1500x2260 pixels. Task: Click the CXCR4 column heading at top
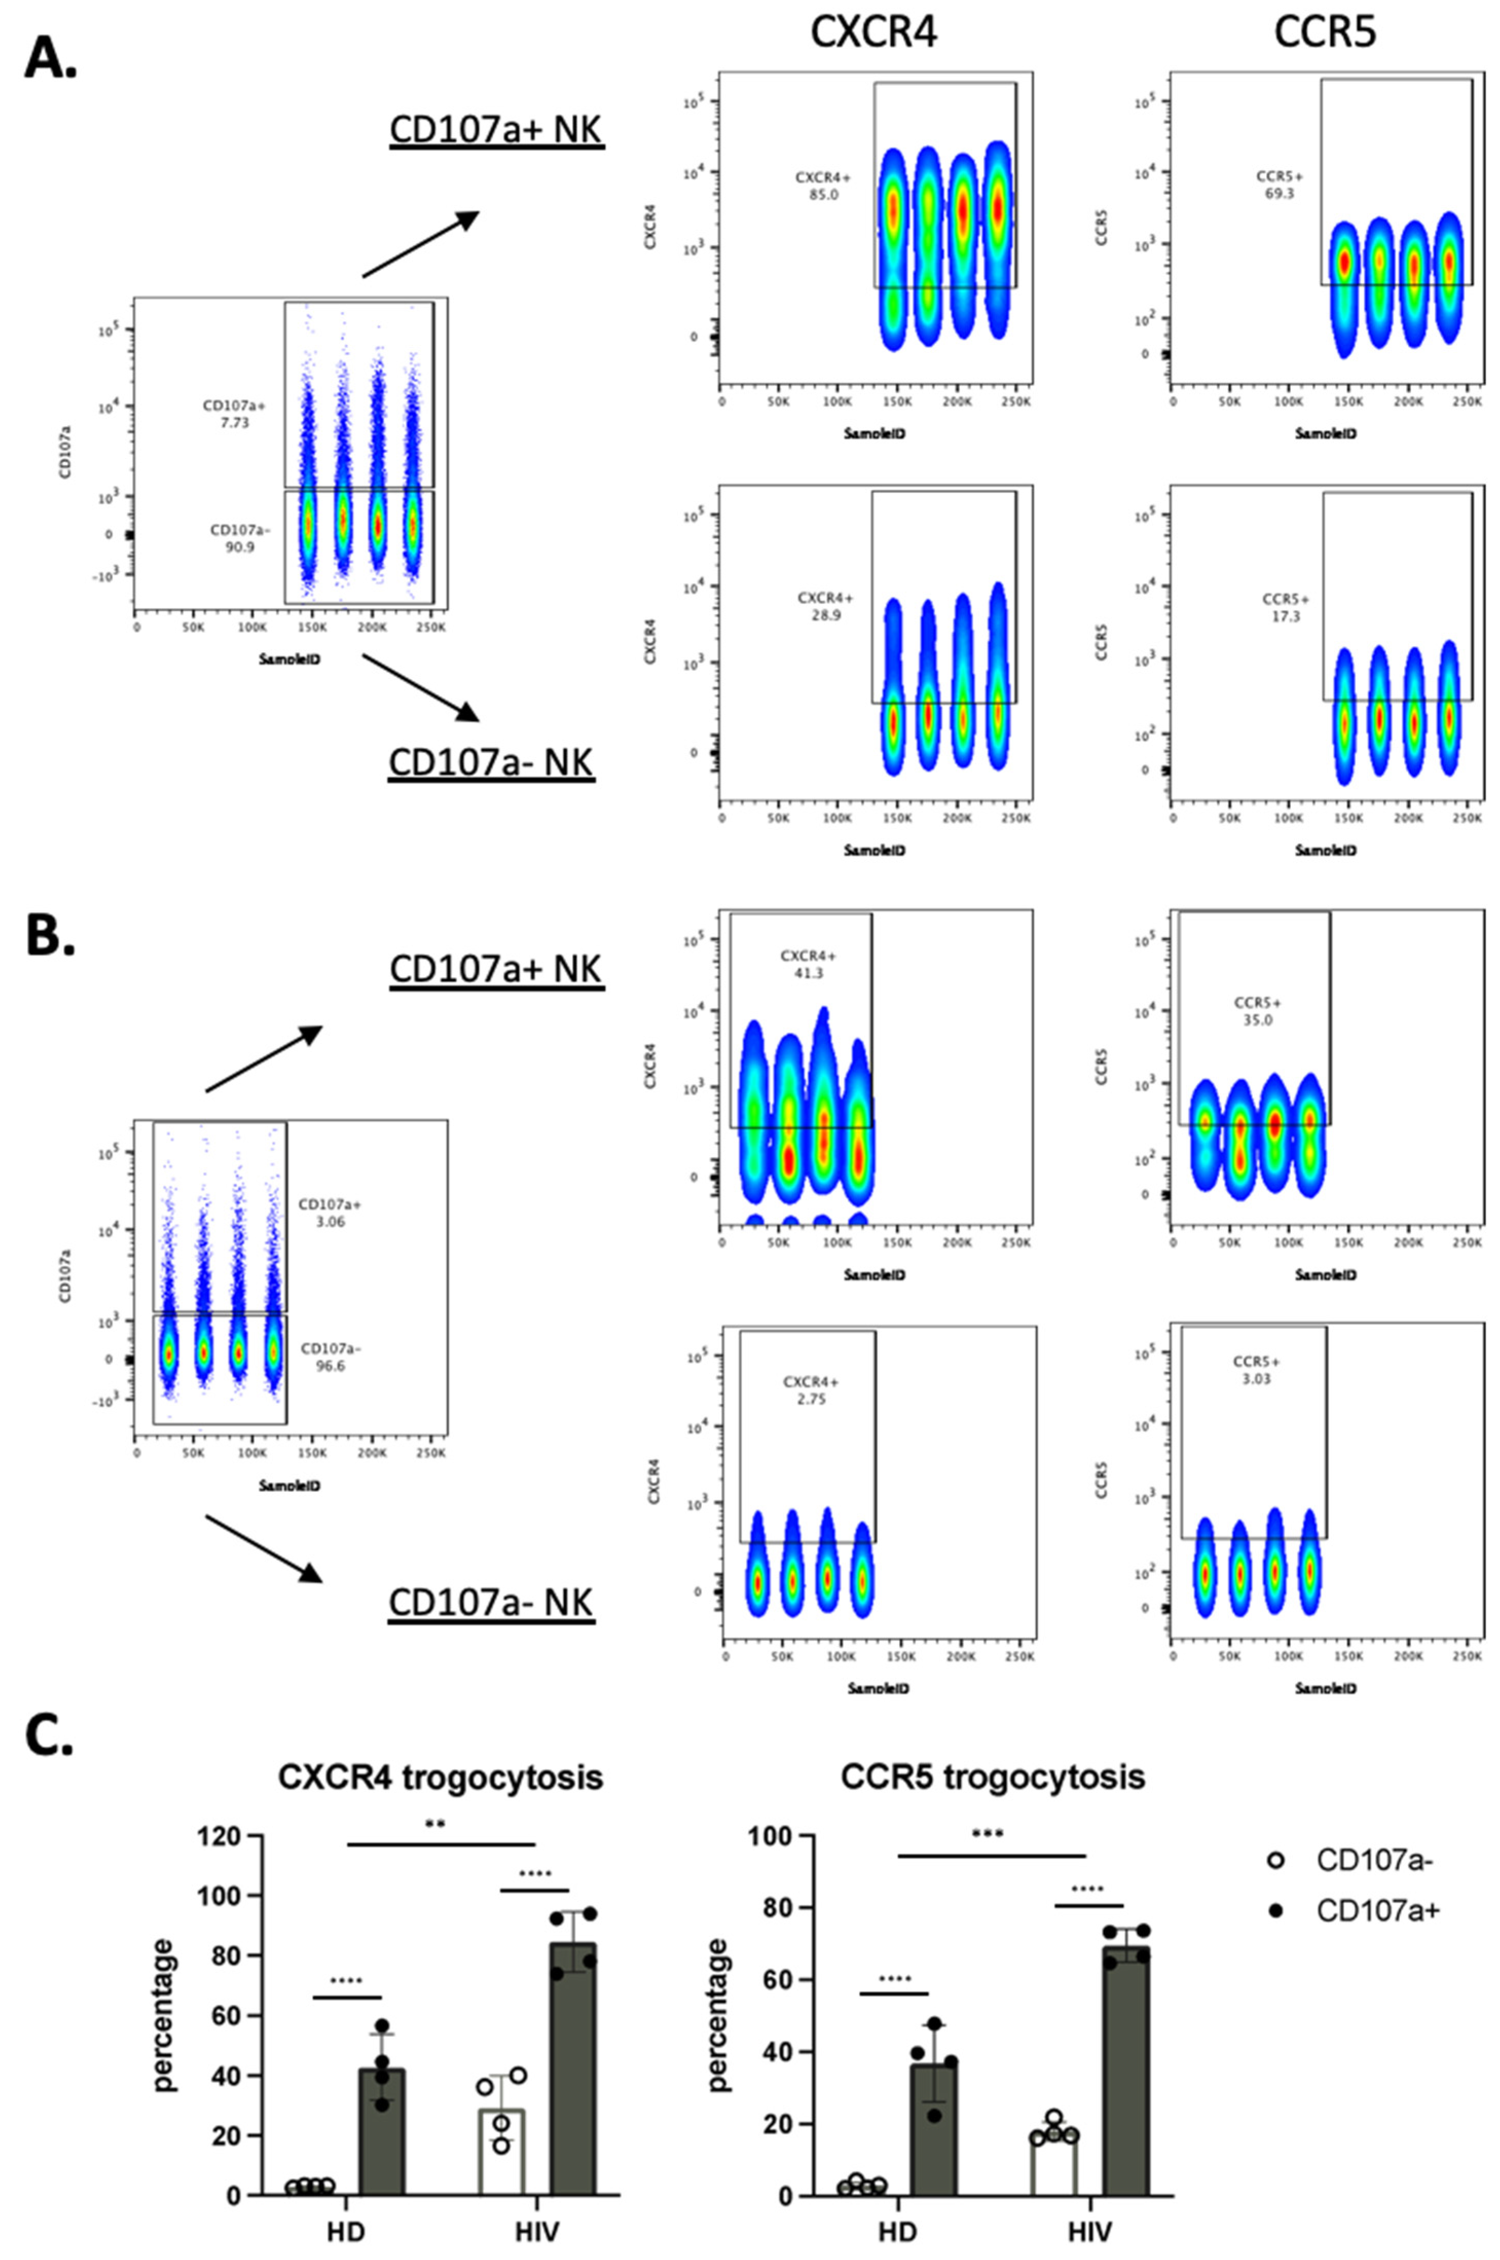(x=874, y=31)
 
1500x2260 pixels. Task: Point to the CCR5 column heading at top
(x=1325, y=31)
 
